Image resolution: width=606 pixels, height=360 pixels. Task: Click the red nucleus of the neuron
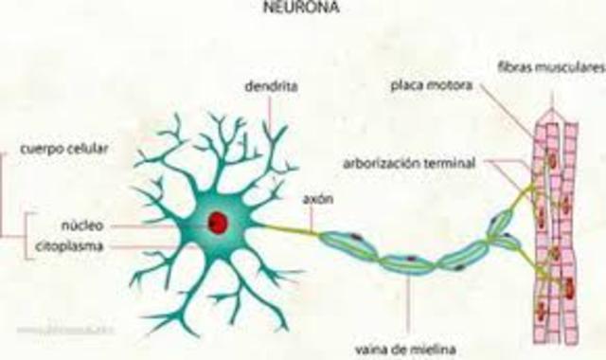pyautogui.click(x=219, y=223)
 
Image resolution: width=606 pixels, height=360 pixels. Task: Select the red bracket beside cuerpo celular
pyautogui.click(x=5, y=194)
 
